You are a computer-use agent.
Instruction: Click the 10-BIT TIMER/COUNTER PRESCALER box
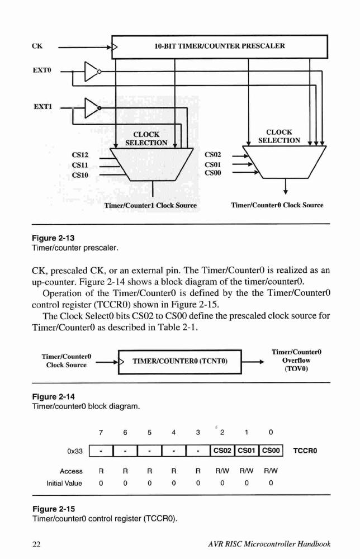(x=220, y=47)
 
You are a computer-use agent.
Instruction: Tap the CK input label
(x=37, y=46)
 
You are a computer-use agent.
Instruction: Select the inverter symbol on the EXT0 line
(x=93, y=72)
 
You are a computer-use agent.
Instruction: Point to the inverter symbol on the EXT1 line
(x=93, y=108)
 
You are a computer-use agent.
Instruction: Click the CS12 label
(x=80, y=155)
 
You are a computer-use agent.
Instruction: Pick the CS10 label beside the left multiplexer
(x=80, y=175)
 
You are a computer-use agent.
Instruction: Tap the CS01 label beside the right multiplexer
(x=213, y=165)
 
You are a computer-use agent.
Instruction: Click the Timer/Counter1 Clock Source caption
(x=150, y=205)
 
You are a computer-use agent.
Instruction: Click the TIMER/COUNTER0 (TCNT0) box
(x=180, y=362)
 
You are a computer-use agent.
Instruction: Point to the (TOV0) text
(x=296, y=368)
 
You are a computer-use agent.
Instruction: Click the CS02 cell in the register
(x=222, y=451)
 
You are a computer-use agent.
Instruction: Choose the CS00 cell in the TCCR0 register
(x=271, y=451)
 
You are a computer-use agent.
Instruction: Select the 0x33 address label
(x=75, y=451)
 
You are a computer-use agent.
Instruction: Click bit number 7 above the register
(x=101, y=433)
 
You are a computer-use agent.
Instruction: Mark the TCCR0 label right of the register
(x=305, y=451)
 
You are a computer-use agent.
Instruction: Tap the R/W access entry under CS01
(x=247, y=471)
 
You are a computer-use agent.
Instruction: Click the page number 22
(x=36, y=544)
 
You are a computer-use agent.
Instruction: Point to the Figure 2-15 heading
(x=54, y=509)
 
